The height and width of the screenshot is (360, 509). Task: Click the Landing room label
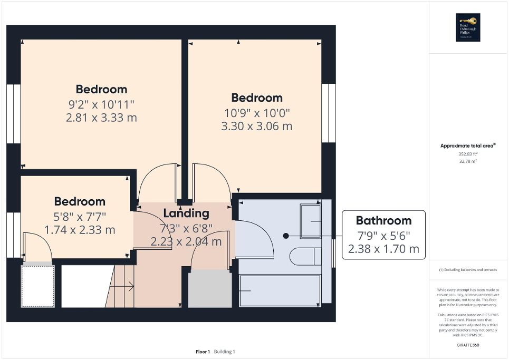tap(186, 213)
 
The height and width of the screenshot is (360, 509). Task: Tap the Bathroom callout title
tap(383, 220)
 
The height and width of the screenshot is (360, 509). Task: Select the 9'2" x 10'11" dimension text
tap(101, 104)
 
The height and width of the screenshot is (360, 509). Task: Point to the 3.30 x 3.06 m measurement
tap(257, 127)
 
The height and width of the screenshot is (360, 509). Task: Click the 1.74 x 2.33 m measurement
tap(80, 230)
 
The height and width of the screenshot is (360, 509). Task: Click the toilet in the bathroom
tap(304, 256)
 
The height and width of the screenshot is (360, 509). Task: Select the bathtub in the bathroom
tap(280, 290)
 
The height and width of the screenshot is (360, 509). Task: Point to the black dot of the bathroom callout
tap(286, 236)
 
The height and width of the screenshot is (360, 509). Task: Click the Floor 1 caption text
tap(203, 352)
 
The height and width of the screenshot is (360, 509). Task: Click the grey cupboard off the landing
tap(209, 288)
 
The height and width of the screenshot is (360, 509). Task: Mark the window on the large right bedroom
tap(329, 113)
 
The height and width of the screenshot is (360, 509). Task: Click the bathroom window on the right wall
tap(334, 253)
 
